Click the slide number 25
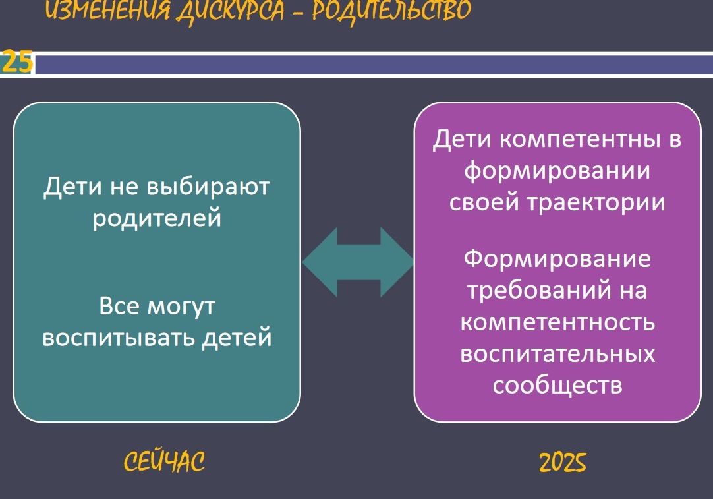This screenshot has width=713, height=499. click(17, 63)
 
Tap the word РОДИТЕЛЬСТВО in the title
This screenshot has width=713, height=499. click(391, 10)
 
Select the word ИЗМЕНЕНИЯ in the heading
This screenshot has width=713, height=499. click(108, 10)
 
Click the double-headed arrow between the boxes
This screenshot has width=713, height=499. click(358, 262)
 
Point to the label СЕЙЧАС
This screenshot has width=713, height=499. click(164, 461)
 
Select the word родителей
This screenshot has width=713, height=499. click(157, 218)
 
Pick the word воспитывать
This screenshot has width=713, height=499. click(119, 338)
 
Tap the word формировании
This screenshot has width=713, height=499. click(557, 171)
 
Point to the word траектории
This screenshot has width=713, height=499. click(596, 202)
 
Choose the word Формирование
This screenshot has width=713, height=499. click(557, 259)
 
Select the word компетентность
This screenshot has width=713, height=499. click(557, 322)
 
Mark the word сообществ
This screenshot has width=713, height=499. click(557, 386)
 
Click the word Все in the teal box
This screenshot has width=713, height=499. click(119, 306)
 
